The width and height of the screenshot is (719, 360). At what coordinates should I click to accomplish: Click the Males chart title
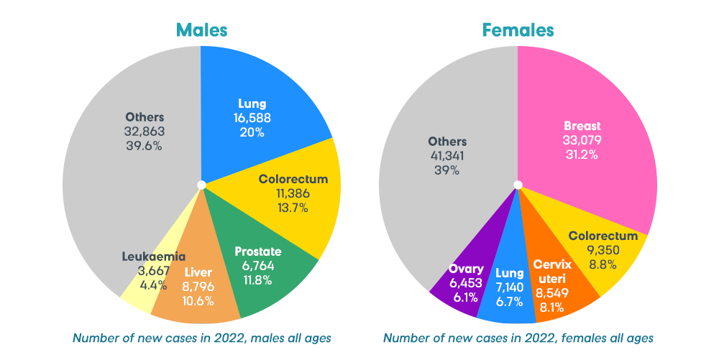point(201,30)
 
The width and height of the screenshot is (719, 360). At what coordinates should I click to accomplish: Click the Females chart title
point(518,30)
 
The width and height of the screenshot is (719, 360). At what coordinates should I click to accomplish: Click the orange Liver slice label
point(198,272)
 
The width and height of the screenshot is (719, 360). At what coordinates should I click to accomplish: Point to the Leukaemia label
point(153,256)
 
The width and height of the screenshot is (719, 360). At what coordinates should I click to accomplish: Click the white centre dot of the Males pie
point(201,185)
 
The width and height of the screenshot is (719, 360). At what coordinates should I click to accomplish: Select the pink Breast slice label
point(582,126)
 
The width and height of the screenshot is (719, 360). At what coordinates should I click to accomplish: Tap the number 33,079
point(582,140)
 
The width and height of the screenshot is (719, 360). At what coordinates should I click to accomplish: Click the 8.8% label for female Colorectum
point(603,264)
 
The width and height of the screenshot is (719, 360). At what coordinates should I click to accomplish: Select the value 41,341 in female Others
point(447,156)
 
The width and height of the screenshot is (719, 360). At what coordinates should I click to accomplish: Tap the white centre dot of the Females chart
point(517,185)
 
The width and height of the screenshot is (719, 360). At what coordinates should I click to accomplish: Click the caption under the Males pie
point(201,337)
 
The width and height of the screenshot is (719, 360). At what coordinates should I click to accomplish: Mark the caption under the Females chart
point(518,337)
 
